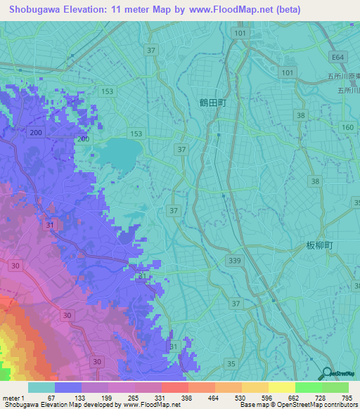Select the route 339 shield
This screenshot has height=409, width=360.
point(234,261)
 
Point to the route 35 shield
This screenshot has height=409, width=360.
point(231,363)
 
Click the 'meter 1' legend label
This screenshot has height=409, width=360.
point(13,398)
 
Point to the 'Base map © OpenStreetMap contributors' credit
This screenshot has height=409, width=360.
point(297,405)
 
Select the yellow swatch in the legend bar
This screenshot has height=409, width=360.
point(282,387)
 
